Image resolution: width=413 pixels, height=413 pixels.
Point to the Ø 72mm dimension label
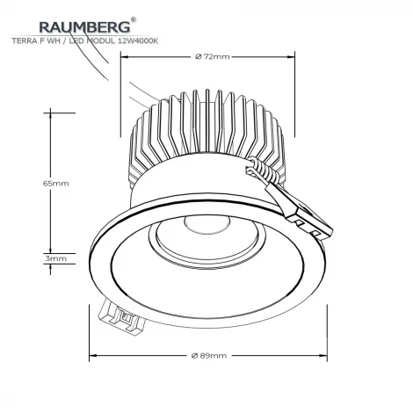[x=210, y=57]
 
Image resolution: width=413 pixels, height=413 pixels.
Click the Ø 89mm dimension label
[x=208, y=355]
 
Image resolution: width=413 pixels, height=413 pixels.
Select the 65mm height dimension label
[x=55, y=184]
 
